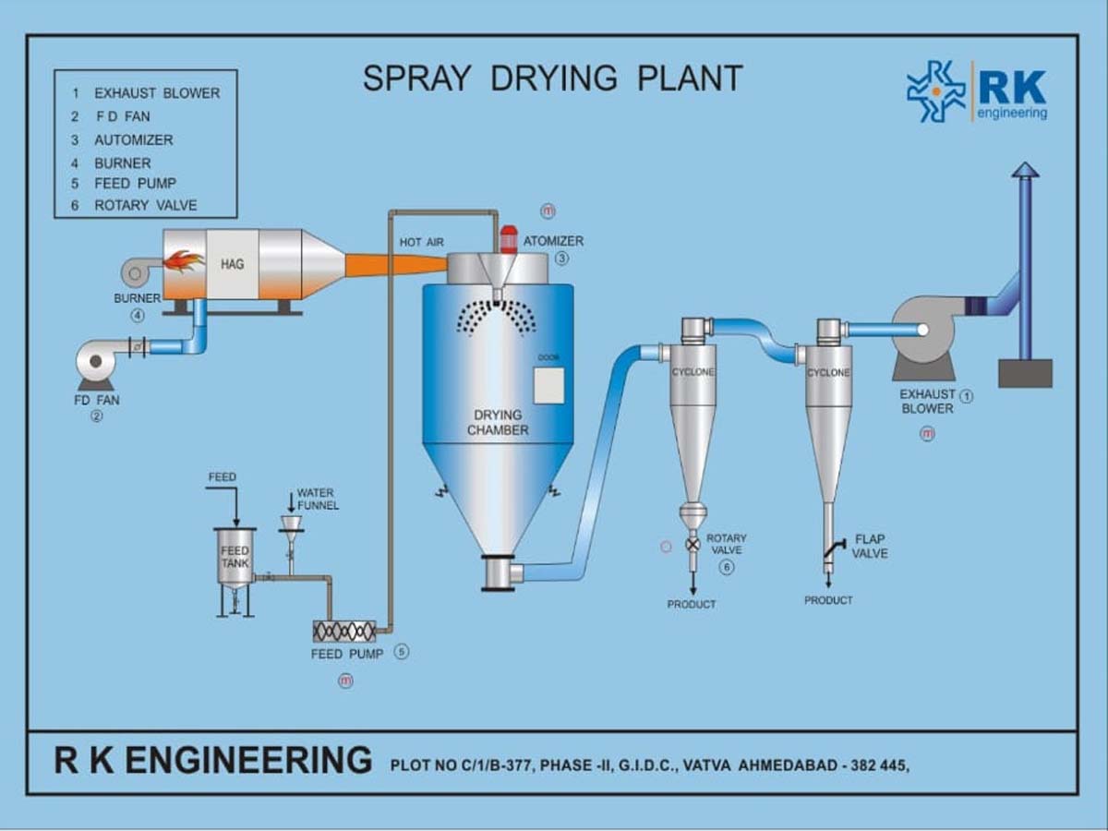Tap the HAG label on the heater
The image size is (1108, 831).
point(232,264)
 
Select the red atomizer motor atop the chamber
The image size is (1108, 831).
point(507,239)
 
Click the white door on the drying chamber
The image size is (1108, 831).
point(548,385)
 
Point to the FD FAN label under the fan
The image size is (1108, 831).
point(97,401)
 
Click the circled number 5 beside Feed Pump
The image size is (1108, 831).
point(401,652)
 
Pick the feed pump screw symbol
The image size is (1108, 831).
point(345,631)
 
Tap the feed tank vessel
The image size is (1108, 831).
point(235,556)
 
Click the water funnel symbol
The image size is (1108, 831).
point(290,525)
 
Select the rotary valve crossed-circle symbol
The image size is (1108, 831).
point(692,545)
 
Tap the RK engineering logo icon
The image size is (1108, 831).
point(936,91)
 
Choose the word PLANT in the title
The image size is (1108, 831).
point(690,78)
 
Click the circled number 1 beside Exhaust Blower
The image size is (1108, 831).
point(967,396)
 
